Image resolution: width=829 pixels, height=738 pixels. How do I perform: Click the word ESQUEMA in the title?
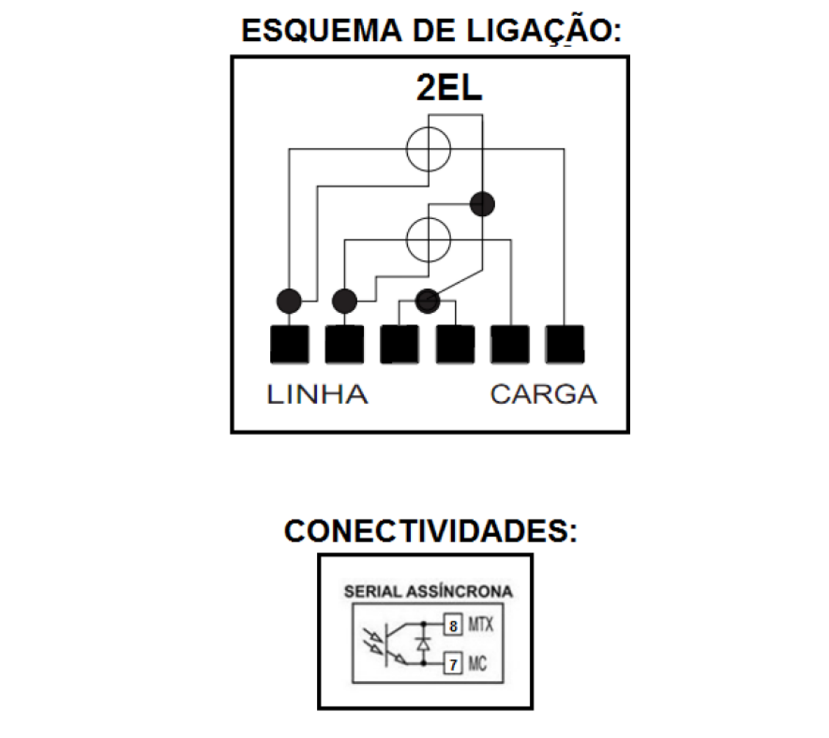[x=321, y=31]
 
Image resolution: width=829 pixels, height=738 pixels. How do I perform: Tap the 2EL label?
[x=449, y=88]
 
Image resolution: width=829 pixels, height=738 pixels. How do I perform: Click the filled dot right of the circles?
[x=482, y=204]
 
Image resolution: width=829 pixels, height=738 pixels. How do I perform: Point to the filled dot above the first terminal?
[x=288, y=301]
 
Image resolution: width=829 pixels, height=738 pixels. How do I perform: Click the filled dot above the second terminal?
[x=344, y=301]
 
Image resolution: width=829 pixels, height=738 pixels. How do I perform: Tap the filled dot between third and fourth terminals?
[x=427, y=301]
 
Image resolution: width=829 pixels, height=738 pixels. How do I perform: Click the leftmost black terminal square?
[x=289, y=344]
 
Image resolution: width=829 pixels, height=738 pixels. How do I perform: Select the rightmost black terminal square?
[x=565, y=344]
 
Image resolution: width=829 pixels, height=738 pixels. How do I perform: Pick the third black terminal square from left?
[x=400, y=344]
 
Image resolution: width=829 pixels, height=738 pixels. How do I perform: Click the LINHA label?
[x=317, y=394]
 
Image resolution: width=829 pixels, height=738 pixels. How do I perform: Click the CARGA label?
[x=544, y=394]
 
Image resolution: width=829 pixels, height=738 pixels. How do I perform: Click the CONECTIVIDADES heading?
[x=431, y=531]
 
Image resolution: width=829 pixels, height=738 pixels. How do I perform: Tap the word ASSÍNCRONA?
[x=459, y=591]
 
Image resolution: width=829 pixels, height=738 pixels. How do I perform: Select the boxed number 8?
[x=453, y=626]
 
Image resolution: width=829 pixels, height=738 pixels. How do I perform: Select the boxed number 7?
[x=453, y=664]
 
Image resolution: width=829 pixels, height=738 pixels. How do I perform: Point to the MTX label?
[x=481, y=625]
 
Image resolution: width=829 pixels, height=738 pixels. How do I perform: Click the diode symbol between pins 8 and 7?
[x=423, y=643]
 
